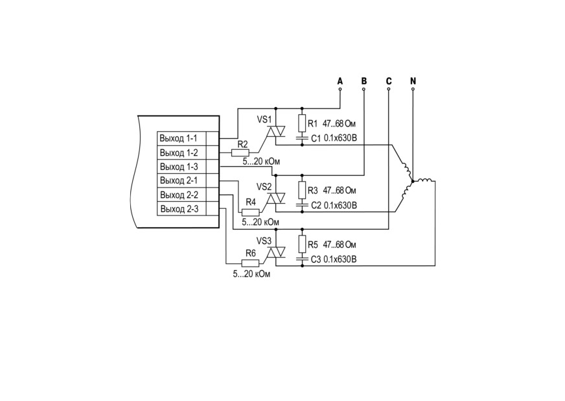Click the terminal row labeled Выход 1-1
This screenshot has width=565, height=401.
(188, 138)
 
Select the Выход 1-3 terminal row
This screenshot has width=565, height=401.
(188, 167)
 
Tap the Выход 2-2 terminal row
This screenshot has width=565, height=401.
(188, 195)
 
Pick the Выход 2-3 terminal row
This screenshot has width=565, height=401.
(188, 209)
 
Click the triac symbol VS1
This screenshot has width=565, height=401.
(275, 131)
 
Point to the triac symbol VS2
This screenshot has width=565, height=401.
(275, 198)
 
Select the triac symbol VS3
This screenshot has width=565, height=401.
(275, 252)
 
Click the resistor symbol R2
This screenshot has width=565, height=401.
(240, 152)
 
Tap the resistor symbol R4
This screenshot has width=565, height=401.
(251, 212)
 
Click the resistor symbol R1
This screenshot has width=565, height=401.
(302, 123)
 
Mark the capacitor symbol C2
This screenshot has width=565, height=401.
(302, 204)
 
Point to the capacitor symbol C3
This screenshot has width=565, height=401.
(302, 259)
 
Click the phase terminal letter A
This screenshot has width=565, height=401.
(340, 81)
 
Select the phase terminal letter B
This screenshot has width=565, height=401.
(364, 81)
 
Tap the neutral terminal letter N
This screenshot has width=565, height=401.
(413, 81)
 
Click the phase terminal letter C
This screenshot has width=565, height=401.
(389, 81)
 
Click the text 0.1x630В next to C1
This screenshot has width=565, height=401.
(341, 138)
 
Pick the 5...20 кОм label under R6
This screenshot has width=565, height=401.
(251, 274)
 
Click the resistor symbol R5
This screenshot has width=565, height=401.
(302, 245)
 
